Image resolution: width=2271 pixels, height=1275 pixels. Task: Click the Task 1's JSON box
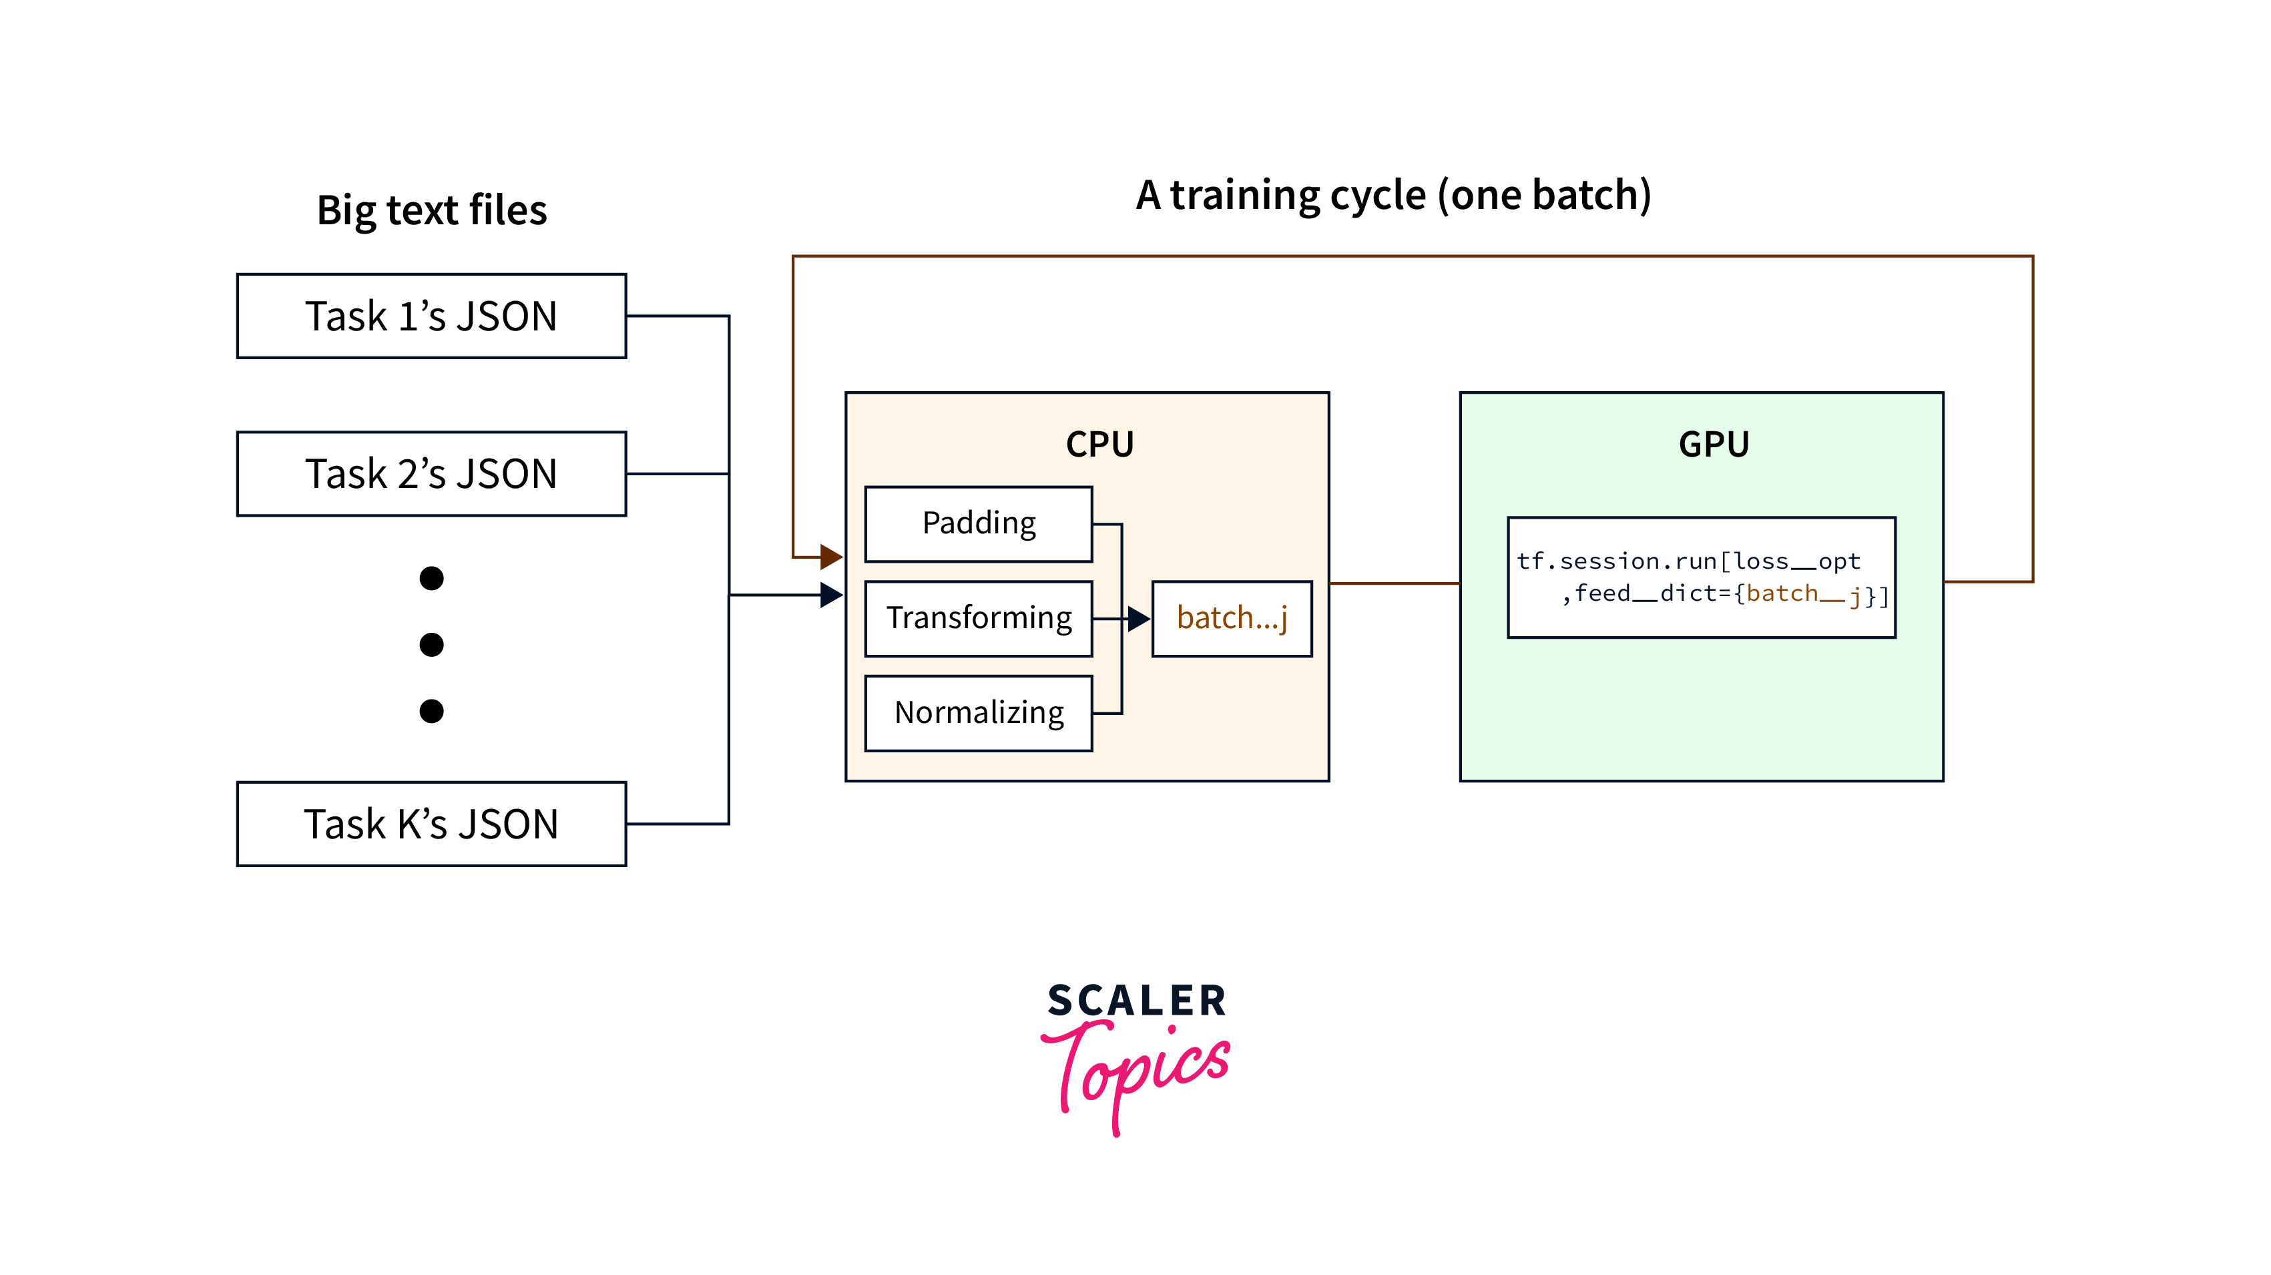click(x=431, y=316)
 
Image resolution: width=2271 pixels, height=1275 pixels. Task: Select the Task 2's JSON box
click(x=431, y=473)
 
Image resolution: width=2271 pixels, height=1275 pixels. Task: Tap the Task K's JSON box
click(x=431, y=824)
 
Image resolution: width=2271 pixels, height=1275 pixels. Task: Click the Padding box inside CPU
click(x=979, y=524)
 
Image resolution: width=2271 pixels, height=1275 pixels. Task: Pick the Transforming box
click(x=979, y=618)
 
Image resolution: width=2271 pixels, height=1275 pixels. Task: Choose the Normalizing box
click(x=979, y=712)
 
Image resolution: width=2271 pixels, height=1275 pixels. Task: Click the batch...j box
click(x=1232, y=618)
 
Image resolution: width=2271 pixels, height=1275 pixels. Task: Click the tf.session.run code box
click(x=1702, y=577)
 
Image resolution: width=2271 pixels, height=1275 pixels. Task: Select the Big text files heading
click(x=432, y=210)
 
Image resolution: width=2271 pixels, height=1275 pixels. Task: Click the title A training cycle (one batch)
click(x=1393, y=195)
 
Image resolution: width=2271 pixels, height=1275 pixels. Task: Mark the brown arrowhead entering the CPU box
click(x=830, y=556)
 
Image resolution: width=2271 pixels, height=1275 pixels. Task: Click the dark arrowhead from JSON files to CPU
click(x=830, y=595)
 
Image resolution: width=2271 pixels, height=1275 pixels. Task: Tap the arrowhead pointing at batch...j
click(x=1138, y=619)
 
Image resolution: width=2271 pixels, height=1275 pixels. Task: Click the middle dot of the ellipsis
click(x=431, y=645)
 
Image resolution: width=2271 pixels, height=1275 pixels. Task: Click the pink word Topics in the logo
click(x=1138, y=1071)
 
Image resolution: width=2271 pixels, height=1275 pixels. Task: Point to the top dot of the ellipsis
click(x=431, y=579)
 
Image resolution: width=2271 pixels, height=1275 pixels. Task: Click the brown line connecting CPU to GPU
click(x=1394, y=583)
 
